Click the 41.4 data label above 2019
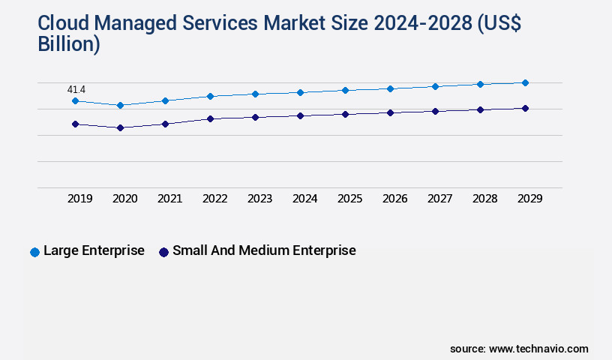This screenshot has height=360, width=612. click(x=76, y=90)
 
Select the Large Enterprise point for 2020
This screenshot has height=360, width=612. click(x=120, y=105)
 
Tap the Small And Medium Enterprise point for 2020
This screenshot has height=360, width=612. click(x=120, y=127)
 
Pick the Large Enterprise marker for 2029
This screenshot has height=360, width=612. click(x=525, y=82)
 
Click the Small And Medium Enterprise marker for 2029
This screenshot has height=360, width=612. click(x=525, y=108)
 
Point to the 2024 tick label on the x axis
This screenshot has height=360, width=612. click(x=304, y=199)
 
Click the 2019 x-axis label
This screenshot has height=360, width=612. click(x=79, y=199)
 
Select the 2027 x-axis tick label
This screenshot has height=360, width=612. click(x=439, y=199)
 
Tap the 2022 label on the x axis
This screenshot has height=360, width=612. click(x=214, y=199)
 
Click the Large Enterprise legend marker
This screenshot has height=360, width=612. click(x=34, y=252)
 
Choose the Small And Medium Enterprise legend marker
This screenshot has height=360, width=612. click(x=163, y=252)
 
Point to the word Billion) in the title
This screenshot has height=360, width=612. click(x=68, y=44)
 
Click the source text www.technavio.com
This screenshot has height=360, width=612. click(x=538, y=349)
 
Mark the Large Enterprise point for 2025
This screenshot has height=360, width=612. click(x=345, y=90)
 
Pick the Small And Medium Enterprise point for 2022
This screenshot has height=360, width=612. click(x=210, y=118)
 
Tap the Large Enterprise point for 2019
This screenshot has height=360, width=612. click(x=75, y=100)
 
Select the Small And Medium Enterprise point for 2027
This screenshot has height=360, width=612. click(x=435, y=111)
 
